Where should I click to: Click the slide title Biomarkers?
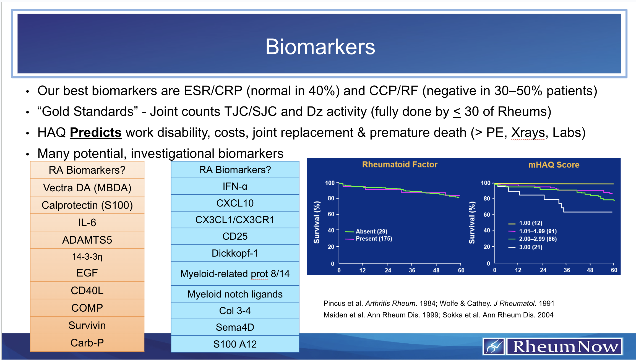pyautogui.click(x=320, y=47)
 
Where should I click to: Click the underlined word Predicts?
pyautogui.click(x=96, y=132)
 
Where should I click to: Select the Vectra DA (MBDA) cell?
pyautogui.click(x=87, y=188)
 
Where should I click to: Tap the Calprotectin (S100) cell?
pyautogui.click(x=87, y=205)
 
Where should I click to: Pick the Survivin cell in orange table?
pyautogui.click(x=87, y=325)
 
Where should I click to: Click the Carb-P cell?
pyautogui.click(x=87, y=343)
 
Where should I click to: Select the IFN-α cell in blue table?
pyautogui.click(x=235, y=186)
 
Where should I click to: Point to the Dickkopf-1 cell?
pyautogui.click(x=235, y=253)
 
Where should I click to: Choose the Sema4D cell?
pyautogui.click(x=235, y=327)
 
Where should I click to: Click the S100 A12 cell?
pyautogui.click(x=235, y=344)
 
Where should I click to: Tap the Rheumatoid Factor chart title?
pyautogui.click(x=400, y=165)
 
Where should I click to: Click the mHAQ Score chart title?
pyautogui.click(x=554, y=165)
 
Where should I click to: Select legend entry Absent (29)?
pyautogui.click(x=371, y=231)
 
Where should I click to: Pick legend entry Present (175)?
pyautogui.click(x=374, y=239)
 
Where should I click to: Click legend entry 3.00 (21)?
pyautogui.click(x=530, y=247)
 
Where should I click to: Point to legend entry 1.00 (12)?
pyautogui.click(x=530, y=223)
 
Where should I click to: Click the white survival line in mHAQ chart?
pyautogui.click(x=586, y=212)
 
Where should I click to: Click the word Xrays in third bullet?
pyautogui.click(x=528, y=132)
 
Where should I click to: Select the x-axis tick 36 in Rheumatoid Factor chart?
pyautogui.click(x=412, y=270)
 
